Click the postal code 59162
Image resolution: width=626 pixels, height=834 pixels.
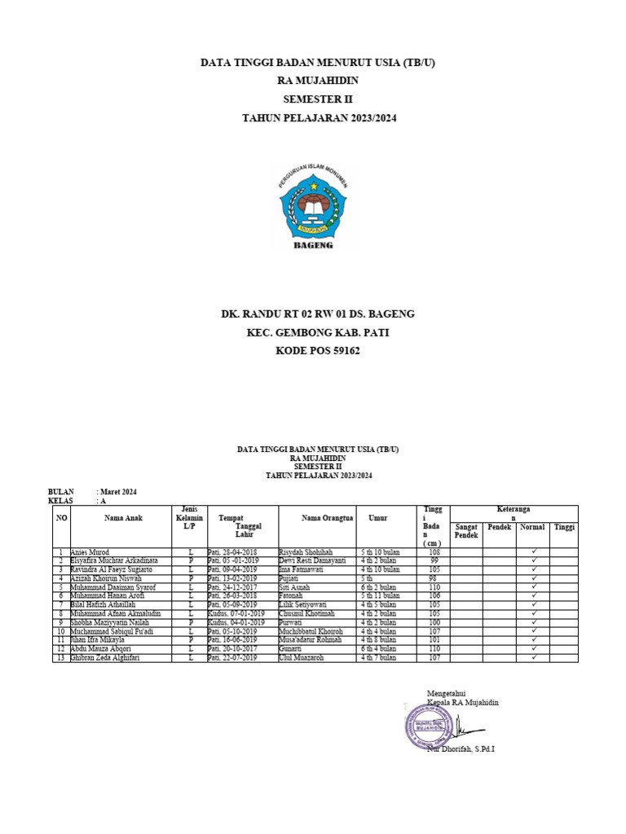(x=341, y=351)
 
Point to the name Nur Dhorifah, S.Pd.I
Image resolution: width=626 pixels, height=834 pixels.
(x=461, y=749)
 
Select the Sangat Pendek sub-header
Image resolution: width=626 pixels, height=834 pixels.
(x=466, y=531)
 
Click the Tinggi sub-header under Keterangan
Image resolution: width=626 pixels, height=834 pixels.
(x=563, y=527)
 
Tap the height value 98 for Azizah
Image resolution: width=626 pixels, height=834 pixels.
(x=434, y=578)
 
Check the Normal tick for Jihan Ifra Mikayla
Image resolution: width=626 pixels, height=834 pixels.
(x=533, y=640)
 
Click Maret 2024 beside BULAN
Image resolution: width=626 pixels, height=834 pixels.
(x=118, y=492)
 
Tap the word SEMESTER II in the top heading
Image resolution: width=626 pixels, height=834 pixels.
(x=313, y=99)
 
